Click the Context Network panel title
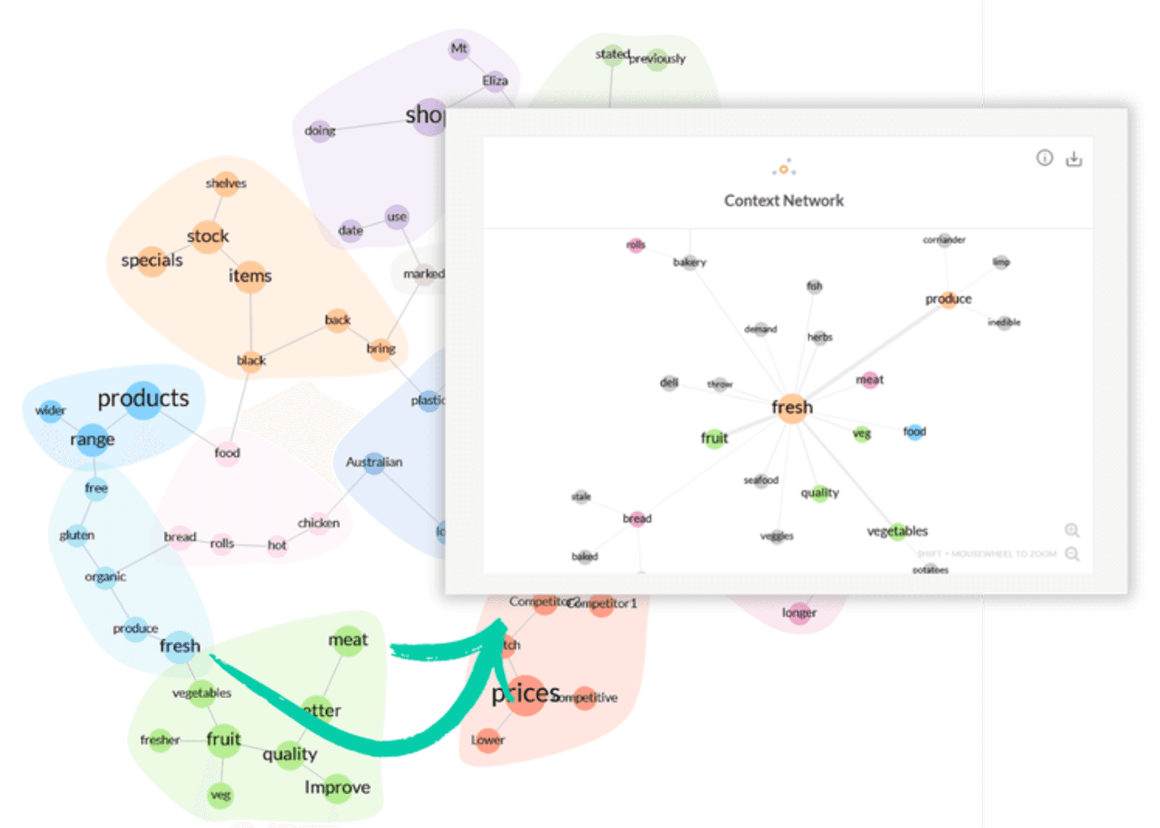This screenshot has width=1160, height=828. (784, 201)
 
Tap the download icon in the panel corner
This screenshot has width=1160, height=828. (1074, 159)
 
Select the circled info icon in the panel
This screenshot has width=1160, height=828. (1045, 158)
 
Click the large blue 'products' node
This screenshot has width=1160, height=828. (143, 399)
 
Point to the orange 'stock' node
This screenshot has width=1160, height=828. (208, 236)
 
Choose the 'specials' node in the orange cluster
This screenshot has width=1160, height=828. (152, 261)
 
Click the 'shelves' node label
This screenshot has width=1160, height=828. (226, 183)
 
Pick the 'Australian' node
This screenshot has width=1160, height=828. (374, 463)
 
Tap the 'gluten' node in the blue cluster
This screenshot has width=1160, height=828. (77, 535)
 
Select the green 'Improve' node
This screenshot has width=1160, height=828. (337, 788)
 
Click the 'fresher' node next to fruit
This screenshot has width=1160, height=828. (160, 740)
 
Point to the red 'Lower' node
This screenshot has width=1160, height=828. (488, 740)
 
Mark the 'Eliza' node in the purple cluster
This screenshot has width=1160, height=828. (495, 81)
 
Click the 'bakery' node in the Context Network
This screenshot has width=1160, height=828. (689, 262)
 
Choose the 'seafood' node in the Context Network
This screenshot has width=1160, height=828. (761, 480)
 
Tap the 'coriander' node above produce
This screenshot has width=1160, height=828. (944, 240)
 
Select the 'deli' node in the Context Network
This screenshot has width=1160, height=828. (669, 383)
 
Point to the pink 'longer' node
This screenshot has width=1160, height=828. (799, 613)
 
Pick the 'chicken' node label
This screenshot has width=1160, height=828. (318, 523)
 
